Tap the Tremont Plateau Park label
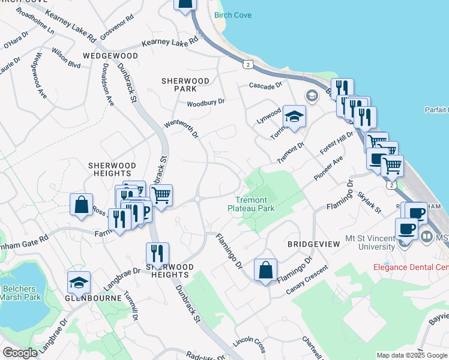[251, 204]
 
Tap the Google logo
[20, 353]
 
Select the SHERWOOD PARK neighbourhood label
[185, 85]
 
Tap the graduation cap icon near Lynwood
[295, 116]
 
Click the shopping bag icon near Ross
[81, 204]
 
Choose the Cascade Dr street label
[266, 86]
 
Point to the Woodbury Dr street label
[205, 103]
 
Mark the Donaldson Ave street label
[108, 85]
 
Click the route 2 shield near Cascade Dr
[247, 63]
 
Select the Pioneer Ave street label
[328, 169]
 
